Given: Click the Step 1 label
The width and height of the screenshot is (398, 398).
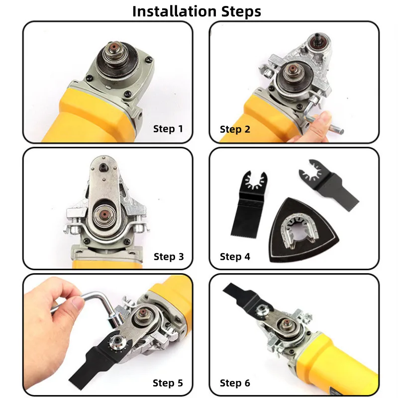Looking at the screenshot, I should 168,129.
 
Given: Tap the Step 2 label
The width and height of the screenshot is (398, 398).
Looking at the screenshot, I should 235,129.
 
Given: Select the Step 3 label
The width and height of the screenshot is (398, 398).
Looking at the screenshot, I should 168,257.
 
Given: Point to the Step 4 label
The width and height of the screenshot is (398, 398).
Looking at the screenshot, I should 235,257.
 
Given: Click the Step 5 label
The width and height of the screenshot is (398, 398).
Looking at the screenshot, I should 168,383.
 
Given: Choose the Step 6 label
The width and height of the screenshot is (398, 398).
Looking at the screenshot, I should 235,383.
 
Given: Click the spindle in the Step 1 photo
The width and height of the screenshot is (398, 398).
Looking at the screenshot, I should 113,51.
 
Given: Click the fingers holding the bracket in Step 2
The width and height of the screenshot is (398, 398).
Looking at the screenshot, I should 321,122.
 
